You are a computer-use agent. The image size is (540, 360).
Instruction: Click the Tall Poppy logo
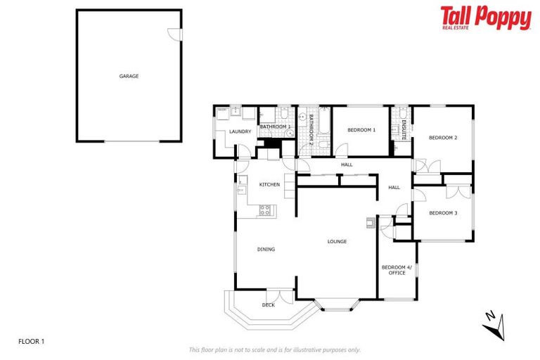(x=485, y=18)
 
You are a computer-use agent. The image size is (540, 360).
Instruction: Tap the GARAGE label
(x=129, y=76)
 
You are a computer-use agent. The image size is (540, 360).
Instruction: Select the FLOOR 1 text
(x=32, y=342)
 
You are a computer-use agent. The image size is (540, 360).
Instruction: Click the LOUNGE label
(x=337, y=241)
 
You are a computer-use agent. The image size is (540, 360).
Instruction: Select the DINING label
(x=265, y=249)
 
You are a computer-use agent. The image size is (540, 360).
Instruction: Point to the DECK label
(x=268, y=304)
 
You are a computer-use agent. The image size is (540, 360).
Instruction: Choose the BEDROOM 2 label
(x=443, y=138)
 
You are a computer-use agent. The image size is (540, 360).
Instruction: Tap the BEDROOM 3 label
(x=443, y=213)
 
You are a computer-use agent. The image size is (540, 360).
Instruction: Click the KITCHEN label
(x=269, y=184)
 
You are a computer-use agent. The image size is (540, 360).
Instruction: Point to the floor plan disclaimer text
(x=274, y=349)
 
